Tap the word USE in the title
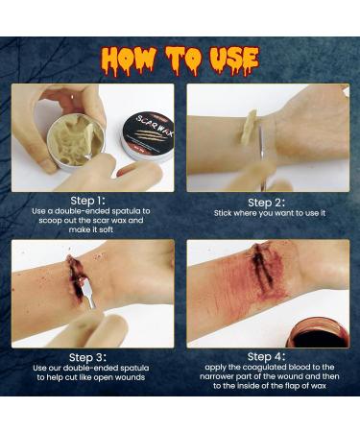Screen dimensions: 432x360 click(x=228, y=59)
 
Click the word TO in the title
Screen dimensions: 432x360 click(x=180, y=59)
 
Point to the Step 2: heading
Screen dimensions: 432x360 click(x=268, y=203)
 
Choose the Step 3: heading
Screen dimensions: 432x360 click(x=93, y=354)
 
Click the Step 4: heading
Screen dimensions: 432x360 click(x=268, y=354)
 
